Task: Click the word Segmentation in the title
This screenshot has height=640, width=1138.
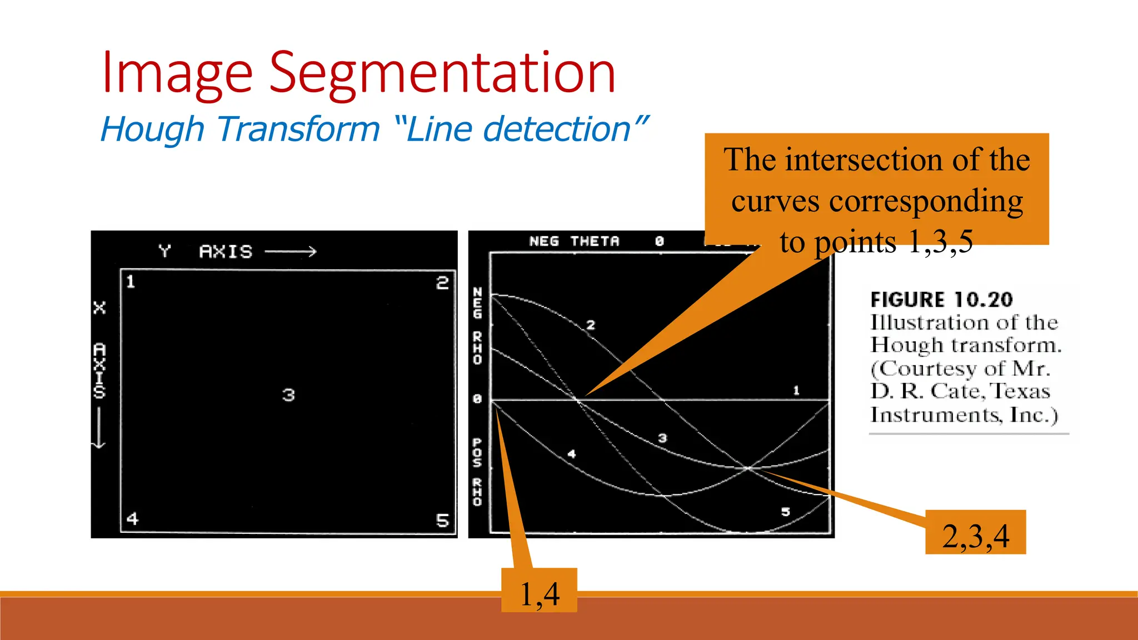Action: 442,73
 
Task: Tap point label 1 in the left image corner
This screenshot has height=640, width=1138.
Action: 131,282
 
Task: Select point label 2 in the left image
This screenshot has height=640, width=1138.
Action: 442,283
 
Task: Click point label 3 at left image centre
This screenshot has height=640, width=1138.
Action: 288,395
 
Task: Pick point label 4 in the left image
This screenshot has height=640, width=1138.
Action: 132,518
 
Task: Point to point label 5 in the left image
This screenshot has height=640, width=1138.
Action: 442,521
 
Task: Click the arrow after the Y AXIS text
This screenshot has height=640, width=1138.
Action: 291,252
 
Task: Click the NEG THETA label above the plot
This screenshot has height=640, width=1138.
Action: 573,241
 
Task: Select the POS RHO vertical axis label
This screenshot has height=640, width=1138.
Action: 477,472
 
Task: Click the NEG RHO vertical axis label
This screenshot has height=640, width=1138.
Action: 477,326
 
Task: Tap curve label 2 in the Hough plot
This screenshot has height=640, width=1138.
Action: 591,325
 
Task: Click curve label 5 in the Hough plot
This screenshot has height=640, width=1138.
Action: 785,512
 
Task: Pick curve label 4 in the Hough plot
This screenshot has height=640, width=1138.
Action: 572,454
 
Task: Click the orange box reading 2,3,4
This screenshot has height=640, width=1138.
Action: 975,532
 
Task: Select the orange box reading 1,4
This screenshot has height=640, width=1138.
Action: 539,591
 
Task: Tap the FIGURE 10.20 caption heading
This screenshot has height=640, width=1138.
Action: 941,300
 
